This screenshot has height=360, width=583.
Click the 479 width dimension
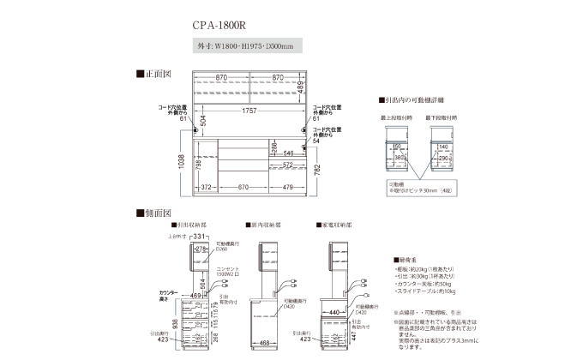(x=288, y=187)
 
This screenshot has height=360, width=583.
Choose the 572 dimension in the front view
(x=288, y=165)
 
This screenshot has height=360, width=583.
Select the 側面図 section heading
(x=157, y=211)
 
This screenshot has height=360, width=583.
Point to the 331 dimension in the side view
(x=201, y=237)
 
